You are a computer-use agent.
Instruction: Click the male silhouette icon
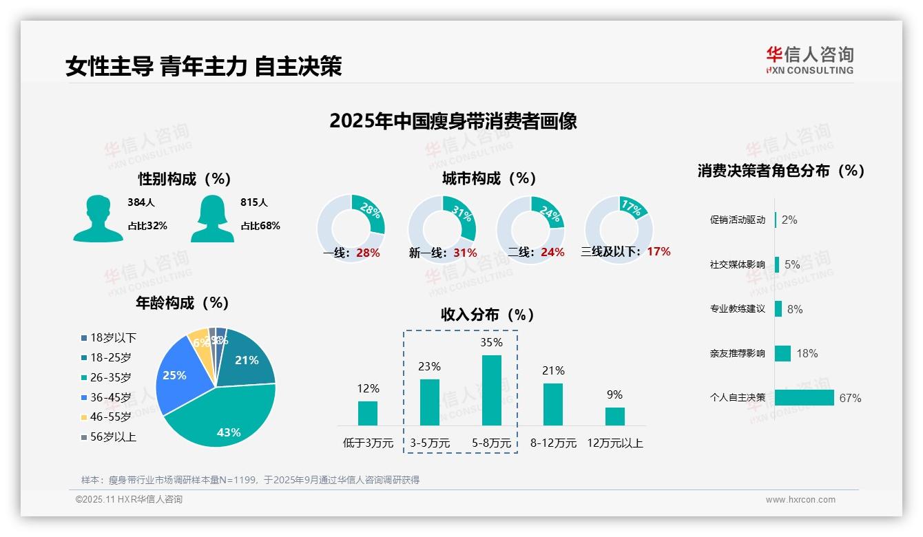[x=98, y=218]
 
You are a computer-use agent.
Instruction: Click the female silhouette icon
[x=212, y=218]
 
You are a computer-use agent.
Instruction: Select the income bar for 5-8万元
[x=491, y=390]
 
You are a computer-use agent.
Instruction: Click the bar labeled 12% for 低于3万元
[x=368, y=413]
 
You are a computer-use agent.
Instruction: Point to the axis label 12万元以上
[x=614, y=443]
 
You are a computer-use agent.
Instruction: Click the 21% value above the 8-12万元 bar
[x=553, y=371]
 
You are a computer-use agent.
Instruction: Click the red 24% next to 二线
[x=552, y=253]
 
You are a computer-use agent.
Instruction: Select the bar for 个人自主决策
[x=804, y=398]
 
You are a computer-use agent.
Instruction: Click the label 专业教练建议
[x=737, y=309]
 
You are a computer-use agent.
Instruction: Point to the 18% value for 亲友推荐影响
[x=807, y=353]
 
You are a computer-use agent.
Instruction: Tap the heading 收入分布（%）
[x=488, y=315]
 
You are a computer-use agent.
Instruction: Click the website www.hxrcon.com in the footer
[x=800, y=500]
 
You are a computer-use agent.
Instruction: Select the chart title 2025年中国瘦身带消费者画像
[x=453, y=121]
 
